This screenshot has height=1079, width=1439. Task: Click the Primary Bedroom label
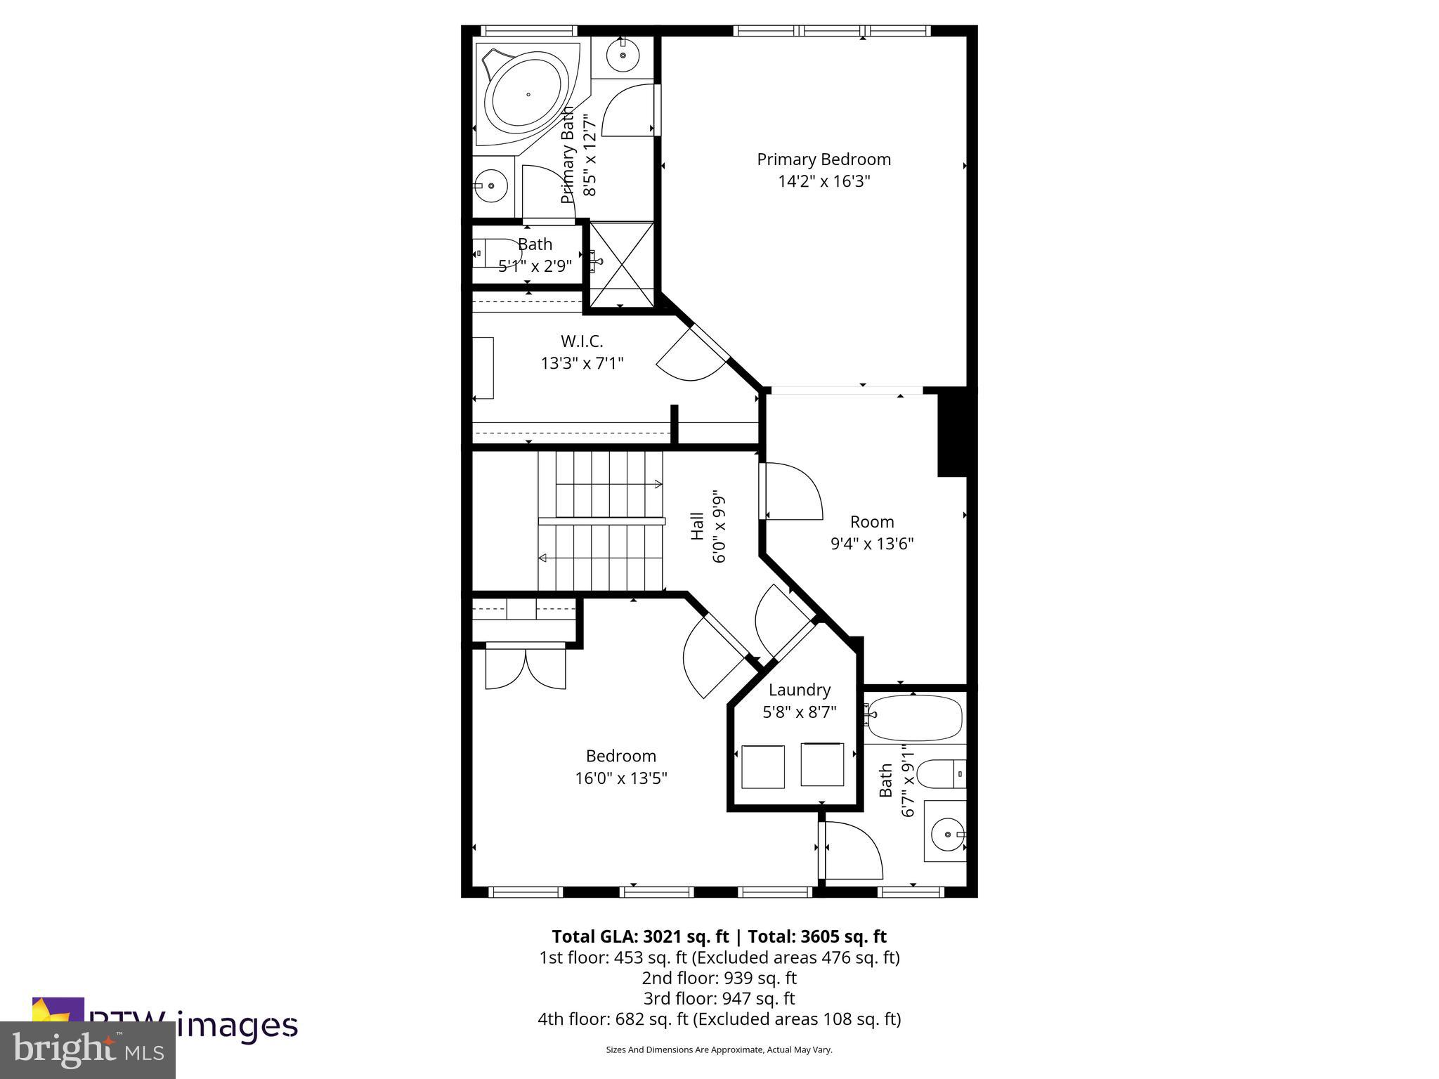823,159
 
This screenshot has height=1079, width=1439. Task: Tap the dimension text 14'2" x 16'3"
823,182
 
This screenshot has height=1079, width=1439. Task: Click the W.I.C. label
582,341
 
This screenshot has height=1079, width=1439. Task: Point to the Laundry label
800,690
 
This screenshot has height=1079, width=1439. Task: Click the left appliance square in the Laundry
762,766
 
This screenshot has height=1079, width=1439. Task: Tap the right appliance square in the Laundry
822,764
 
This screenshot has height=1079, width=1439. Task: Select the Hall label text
697,525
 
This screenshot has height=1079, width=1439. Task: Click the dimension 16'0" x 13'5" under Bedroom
621,778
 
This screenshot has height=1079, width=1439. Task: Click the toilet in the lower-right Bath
942,774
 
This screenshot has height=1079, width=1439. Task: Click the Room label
872,522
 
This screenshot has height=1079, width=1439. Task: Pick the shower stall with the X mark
621,265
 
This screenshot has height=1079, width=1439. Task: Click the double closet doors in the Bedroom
525,668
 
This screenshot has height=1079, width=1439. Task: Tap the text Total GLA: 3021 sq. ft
640,936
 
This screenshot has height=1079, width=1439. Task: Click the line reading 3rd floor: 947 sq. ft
719,998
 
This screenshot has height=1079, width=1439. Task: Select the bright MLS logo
88,1049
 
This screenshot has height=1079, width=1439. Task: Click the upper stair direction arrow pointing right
657,483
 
